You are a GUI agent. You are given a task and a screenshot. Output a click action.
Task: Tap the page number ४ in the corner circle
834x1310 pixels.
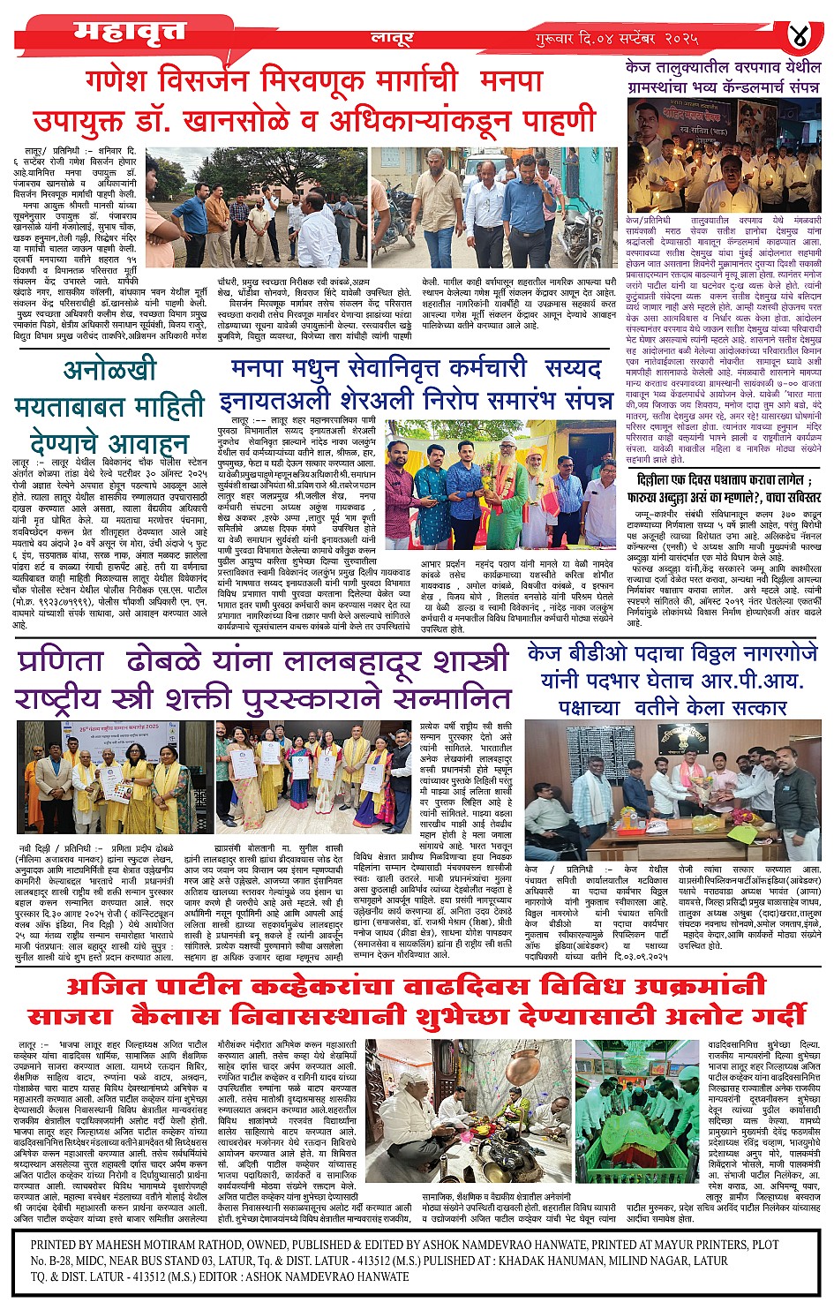coord(800,38)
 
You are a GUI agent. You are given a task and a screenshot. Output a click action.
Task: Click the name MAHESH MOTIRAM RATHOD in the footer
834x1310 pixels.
coord(176,1245)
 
